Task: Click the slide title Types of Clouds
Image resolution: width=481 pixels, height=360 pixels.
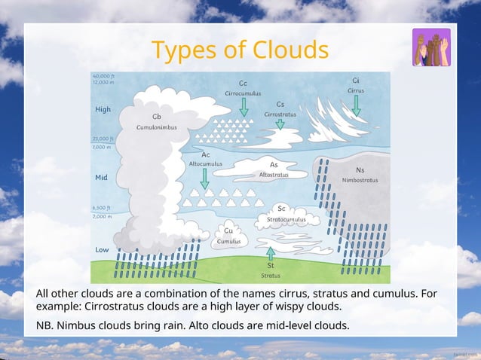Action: pos(240,50)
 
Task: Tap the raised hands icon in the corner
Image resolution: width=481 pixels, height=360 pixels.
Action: pos(431,47)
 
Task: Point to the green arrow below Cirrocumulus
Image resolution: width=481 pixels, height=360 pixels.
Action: pos(244,107)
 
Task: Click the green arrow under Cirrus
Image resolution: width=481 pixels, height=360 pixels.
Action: pos(356,105)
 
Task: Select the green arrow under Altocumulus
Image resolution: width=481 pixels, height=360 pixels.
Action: pos(205,178)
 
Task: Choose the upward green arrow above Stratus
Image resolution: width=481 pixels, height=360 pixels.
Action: pos(271,253)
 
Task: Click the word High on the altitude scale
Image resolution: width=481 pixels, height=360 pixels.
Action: pos(103,110)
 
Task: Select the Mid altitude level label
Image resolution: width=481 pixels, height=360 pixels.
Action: pos(101,178)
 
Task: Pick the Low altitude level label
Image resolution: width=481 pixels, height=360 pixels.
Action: pos(102,249)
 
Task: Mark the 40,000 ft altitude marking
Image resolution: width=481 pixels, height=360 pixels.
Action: pos(103,76)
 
